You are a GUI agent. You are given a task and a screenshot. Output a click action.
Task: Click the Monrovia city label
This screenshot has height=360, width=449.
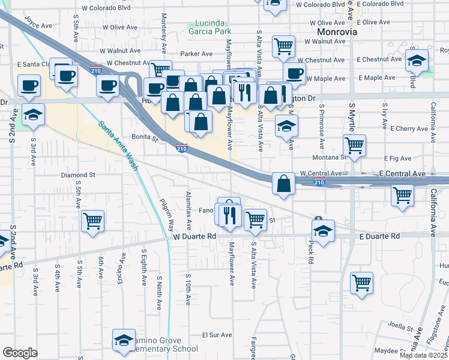tap(337, 31)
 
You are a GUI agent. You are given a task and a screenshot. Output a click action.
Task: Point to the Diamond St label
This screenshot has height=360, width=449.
tap(79, 175)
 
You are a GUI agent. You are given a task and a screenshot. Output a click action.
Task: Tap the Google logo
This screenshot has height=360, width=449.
tap(20, 353)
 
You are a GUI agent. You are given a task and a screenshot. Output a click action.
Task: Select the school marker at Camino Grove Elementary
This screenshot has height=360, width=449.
tap(123, 340)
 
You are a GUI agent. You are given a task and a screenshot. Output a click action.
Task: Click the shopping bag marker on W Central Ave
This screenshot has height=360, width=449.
tap(283, 182)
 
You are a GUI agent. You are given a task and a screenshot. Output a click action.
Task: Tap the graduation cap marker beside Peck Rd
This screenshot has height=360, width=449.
tap(322, 230)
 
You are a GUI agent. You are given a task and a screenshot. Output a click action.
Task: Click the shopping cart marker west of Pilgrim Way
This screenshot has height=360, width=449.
tap(93, 220)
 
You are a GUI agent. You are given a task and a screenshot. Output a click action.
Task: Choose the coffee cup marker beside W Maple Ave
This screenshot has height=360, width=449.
tap(294, 73)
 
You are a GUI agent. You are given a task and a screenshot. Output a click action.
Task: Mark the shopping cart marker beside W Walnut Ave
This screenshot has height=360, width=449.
tap(283, 45)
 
